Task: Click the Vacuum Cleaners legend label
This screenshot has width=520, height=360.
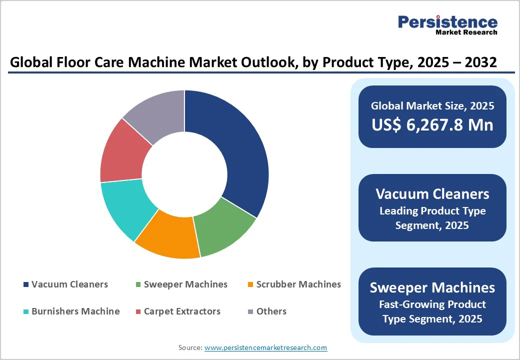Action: [69, 284]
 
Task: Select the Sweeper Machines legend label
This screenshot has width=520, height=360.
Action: [185, 284]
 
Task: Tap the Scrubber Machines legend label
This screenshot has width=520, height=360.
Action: [298, 284]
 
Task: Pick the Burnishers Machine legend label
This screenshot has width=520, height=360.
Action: [75, 311]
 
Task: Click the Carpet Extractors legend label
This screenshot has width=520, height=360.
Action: [182, 311]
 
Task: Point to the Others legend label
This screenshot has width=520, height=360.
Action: [271, 311]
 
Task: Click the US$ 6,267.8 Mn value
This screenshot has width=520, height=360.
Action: [432, 124]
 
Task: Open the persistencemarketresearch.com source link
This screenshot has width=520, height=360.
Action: [266, 347]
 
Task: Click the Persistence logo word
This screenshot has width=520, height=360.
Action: [447, 22]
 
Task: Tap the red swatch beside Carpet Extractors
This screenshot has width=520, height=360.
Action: [138, 312]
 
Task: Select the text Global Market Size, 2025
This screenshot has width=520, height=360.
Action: [432, 105]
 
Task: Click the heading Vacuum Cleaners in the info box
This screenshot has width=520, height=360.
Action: [432, 193]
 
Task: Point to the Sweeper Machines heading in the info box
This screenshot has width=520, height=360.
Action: [432, 287]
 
